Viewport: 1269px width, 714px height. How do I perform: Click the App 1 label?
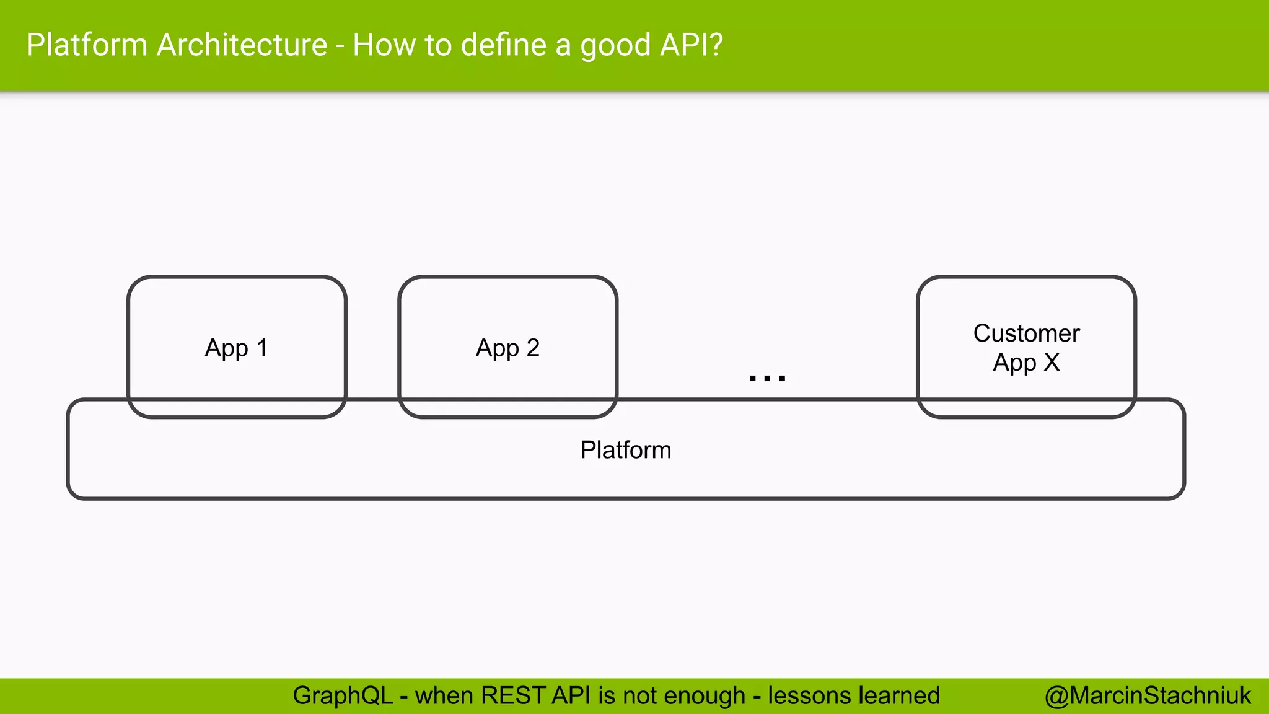pyautogui.click(x=236, y=348)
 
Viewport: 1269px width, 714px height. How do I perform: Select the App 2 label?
pyautogui.click(x=507, y=348)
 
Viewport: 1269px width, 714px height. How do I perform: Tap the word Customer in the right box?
pyautogui.click(x=1026, y=333)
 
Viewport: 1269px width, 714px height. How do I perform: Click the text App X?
pyautogui.click(x=1026, y=363)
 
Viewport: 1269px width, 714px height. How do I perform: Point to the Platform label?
pyautogui.click(x=625, y=450)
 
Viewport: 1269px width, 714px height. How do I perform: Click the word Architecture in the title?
pyautogui.click(x=242, y=45)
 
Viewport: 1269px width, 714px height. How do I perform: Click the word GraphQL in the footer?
pyautogui.click(x=343, y=696)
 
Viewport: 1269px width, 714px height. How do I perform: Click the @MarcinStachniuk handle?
pyautogui.click(x=1148, y=696)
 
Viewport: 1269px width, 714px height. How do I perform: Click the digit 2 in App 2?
pyautogui.click(x=533, y=348)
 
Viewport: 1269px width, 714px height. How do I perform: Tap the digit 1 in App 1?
pyautogui.click(x=262, y=348)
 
